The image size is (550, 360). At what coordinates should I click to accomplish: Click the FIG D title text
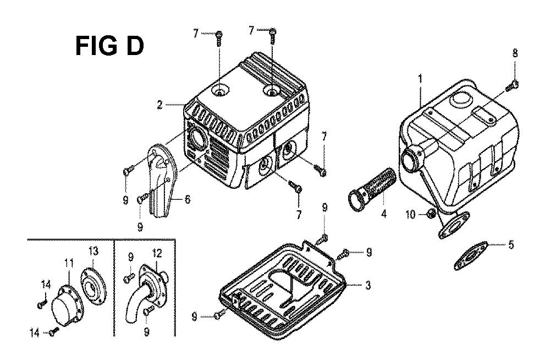pyautogui.click(x=109, y=46)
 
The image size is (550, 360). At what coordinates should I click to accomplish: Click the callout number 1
pyautogui.click(x=421, y=79)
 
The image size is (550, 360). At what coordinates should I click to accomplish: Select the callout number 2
pyautogui.click(x=159, y=105)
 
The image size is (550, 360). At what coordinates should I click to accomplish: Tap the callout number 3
pyautogui.click(x=367, y=285)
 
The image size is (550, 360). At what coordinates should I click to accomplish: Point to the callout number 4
pyautogui.click(x=384, y=213)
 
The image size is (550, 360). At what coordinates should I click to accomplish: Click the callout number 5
pyautogui.click(x=511, y=244)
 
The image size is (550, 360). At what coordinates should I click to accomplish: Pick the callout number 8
pyautogui.click(x=515, y=53)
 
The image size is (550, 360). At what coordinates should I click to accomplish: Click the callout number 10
pyautogui.click(x=410, y=214)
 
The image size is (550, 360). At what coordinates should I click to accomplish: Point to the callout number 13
pyautogui.click(x=93, y=252)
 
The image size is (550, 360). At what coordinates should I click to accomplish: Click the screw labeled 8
pyautogui.click(x=512, y=85)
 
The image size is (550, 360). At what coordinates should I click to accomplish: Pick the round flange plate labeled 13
pyautogui.click(x=94, y=280)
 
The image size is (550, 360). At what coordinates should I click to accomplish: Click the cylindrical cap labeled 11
pyautogui.click(x=67, y=306)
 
